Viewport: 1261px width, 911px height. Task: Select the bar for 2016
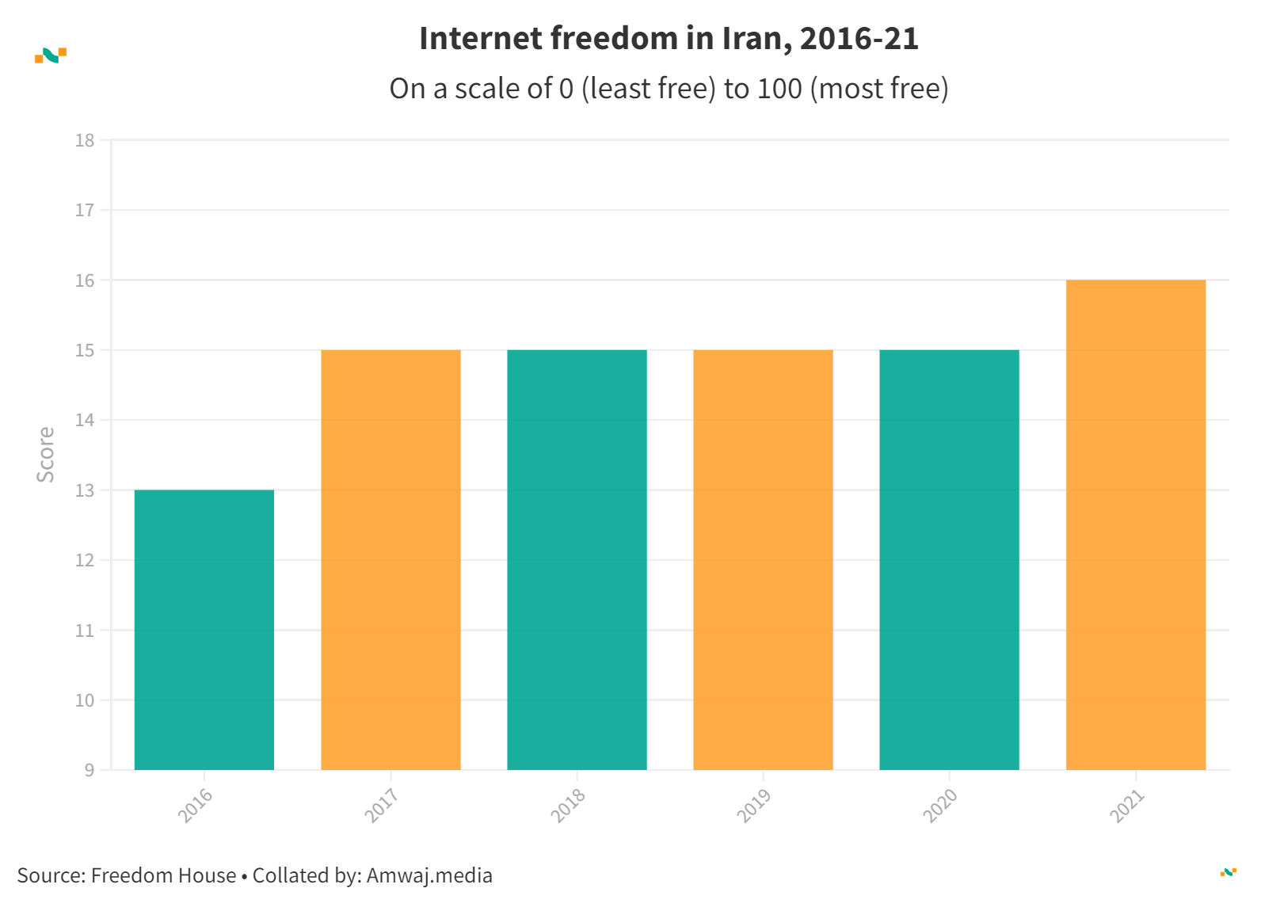coord(204,630)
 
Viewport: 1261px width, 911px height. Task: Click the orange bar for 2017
coord(390,559)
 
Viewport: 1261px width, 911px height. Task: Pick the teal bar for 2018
coord(577,559)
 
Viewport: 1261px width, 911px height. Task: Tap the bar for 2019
coord(763,559)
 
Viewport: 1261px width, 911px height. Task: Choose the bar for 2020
coord(949,559)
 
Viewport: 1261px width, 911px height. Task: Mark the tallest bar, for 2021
coord(1135,524)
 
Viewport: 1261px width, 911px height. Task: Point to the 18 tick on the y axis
coord(85,141)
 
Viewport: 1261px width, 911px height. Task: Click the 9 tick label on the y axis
coord(89,770)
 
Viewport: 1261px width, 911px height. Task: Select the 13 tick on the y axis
coord(85,490)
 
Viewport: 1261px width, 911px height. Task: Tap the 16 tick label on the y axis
coord(85,280)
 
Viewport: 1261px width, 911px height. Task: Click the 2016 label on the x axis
coord(195,806)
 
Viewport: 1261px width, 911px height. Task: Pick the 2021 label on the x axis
coord(1126,806)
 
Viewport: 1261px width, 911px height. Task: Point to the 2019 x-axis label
coord(753,806)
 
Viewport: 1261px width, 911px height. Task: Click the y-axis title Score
coord(46,455)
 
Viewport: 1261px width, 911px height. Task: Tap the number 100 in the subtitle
coord(779,89)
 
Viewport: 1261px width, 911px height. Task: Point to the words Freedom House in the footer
coord(163,875)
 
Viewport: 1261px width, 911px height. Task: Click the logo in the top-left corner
coord(51,55)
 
